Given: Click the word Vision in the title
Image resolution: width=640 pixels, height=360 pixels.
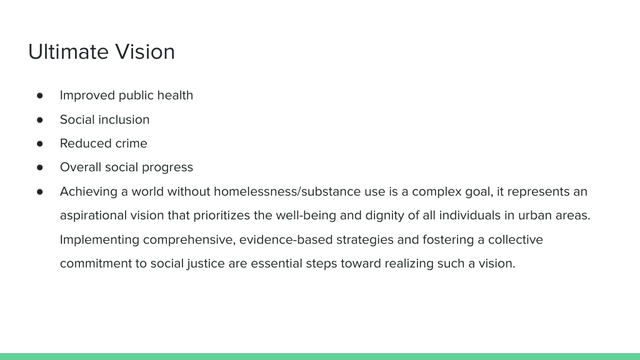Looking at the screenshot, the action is pyautogui.click(x=145, y=52).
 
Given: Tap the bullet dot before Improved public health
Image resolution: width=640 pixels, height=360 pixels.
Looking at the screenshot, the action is pyautogui.click(x=39, y=96).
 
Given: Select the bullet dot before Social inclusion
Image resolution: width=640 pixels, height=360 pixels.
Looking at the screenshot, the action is pyautogui.click(x=39, y=120).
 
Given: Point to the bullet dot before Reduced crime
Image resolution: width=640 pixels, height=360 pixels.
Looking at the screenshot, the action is pyautogui.click(x=39, y=144).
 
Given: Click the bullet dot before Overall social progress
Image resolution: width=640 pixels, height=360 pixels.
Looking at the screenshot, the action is pyautogui.click(x=39, y=167).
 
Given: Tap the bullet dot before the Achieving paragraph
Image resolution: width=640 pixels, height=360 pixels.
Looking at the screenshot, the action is pyautogui.click(x=39, y=192).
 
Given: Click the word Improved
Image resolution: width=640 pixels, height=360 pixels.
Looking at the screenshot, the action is pyautogui.click(x=87, y=96).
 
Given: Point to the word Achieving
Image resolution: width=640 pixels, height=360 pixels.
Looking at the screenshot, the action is pyautogui.click(x=89, y=192).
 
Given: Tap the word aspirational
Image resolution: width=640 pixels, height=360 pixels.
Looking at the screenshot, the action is pyautogui.click(x=94, y=216).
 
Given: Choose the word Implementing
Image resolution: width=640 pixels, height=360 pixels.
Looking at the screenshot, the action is pyautogui.click(x=99, y=239).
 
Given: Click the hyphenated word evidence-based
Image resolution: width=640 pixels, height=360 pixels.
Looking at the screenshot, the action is pyautogui.click(x=286, y=239).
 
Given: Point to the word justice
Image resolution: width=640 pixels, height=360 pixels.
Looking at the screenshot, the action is pyautogui.click(x=206, y=264).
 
